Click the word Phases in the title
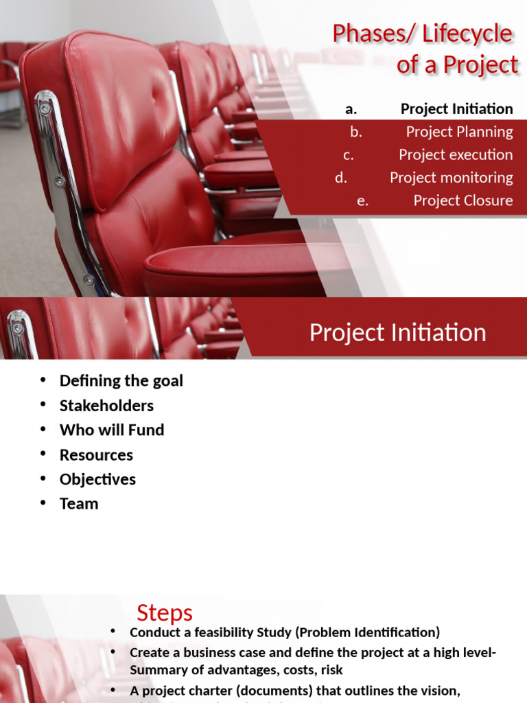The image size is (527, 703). [x=360, y=34]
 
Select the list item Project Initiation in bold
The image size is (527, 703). [x=456, y=108]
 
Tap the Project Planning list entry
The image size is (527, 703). [x=459, y=132]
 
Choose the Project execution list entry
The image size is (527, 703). [x=456, y=154]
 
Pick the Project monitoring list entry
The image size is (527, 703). [x=451, y=177]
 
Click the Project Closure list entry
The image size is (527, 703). [x=462, y=200]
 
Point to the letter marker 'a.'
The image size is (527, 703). [x=351, y=108]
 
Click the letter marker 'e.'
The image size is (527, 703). [x=362, y=200]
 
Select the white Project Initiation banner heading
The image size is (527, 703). [x=397, y=332]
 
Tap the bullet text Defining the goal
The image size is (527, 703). [x=121, y=380]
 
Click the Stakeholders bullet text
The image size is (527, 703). [x=106, y=405]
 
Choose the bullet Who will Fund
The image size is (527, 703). [x=112, y=430]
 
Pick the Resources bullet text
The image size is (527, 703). [x=96, y=454]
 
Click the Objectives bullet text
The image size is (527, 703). [x=97, y=479]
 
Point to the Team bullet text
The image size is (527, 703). [x=79, y=503]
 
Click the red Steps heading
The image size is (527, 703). [x=165, y=612]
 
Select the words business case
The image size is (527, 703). [x=207, y=653]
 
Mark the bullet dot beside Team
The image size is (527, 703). [x=43, y=503]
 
